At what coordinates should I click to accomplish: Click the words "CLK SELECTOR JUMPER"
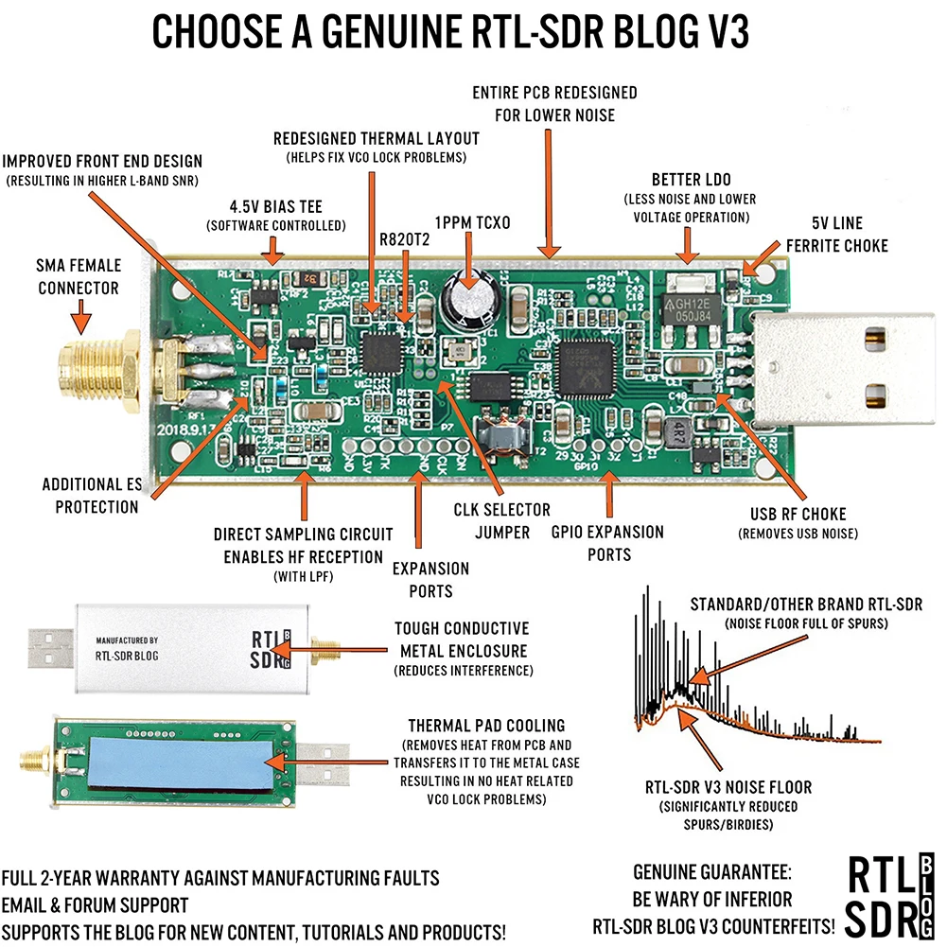pos(502,521)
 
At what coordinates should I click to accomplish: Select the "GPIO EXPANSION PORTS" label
pos(608,543)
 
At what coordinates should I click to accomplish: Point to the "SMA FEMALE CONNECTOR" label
pos(79,277)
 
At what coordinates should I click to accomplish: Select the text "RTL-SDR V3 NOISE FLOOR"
pos(728,786)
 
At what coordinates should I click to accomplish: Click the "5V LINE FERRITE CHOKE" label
pos(836,236)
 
